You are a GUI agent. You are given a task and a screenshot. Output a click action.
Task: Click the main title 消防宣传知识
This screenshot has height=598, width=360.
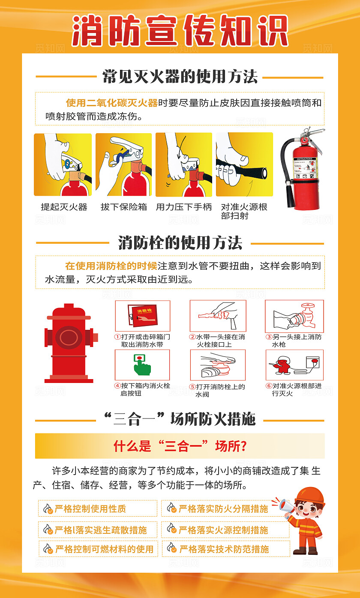click(x=180, y=31)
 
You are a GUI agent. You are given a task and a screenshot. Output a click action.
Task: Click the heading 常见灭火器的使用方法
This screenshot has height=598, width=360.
click(x=180, y=77)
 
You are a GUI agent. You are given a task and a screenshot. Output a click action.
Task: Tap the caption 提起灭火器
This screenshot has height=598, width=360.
click(x=64, y=207)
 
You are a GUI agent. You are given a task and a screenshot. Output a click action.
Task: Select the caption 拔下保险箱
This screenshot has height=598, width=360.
click(x=124, y=207)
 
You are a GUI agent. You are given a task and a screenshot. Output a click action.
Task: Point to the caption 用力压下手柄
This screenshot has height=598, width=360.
click(x=184, y=207)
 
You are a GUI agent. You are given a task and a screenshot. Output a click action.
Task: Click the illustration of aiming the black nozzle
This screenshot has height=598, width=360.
click(x=244, y=164)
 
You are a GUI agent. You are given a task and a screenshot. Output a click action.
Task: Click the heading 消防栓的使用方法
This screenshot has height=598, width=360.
click(x=180, y=243)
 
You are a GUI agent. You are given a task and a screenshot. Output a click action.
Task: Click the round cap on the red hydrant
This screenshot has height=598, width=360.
click(x=68, y=337)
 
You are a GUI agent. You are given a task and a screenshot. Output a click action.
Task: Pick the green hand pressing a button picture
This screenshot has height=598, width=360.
click(x=142, y=365)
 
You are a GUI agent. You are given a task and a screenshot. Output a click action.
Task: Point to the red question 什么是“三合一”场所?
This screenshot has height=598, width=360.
click(x=180, y=446)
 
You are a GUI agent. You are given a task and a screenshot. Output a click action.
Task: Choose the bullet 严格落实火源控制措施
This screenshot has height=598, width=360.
click(x=223, y=530)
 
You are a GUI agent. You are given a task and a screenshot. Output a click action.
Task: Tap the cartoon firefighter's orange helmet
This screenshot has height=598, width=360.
click(x=311, y=495)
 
